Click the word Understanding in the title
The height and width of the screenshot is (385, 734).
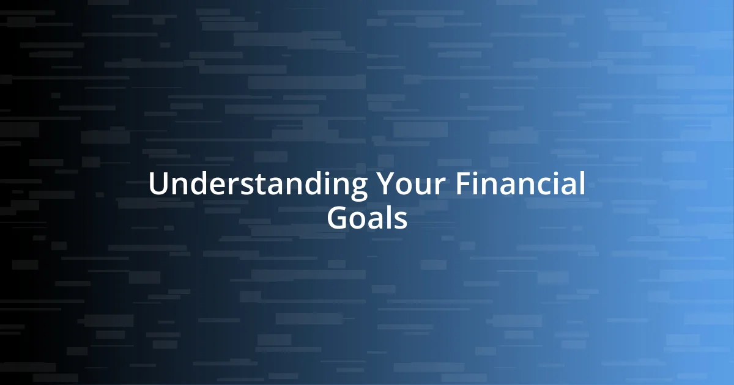258,185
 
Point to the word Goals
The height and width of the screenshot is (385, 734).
367,218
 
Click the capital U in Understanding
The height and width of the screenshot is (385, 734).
158,185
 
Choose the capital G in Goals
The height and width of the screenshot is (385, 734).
338,218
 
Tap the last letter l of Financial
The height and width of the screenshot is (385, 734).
582,184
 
